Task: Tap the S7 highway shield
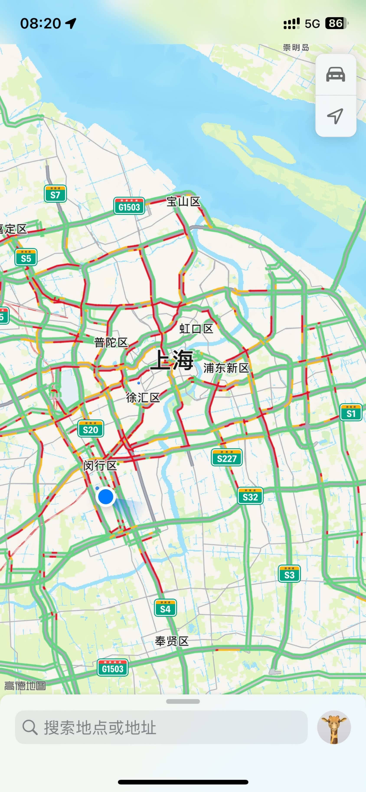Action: (55, 194)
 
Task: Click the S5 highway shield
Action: (26, 257)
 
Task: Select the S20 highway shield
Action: (90, 429)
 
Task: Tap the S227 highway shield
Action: (227, 457)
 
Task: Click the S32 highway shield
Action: (250, 496)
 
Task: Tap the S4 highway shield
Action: (165, 608)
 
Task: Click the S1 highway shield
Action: (351, 412)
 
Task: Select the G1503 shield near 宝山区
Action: (129, 206)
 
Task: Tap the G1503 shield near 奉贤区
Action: (113, 668)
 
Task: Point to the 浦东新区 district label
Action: (226, 368)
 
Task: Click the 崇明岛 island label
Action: (296, 47)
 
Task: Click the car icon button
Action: (336, 75)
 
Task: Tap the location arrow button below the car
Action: (336, 116)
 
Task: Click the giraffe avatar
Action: (334, 727)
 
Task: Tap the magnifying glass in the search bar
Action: (30, 727)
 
